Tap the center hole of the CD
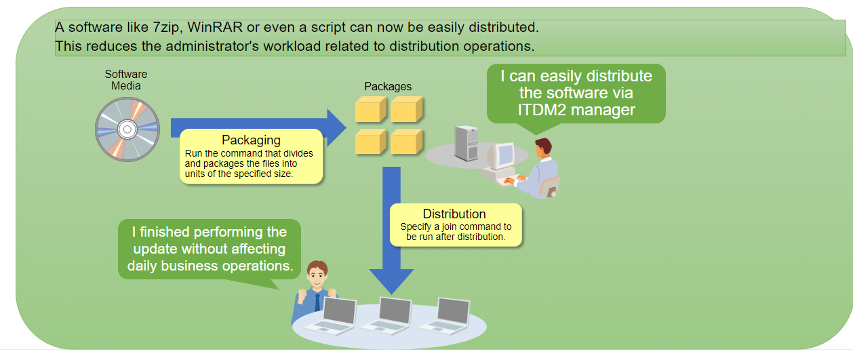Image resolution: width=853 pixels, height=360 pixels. coord(127,129)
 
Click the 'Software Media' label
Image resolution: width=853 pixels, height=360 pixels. coord(126,80)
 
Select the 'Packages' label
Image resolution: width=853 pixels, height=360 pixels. coord(388,86)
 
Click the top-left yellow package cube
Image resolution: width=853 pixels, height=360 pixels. coord(370,109)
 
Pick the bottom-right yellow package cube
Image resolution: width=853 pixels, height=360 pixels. coord(406,142)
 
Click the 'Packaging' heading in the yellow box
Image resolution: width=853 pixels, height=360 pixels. coord(251,140)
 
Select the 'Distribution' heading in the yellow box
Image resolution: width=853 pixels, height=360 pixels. coord(454,214)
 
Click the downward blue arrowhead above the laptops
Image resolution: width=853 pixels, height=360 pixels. coord(391,281)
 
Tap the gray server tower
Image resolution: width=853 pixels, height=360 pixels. coord(467,144)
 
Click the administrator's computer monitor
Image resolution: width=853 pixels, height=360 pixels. coord(502,155)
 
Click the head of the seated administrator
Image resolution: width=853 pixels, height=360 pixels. coord(543,147)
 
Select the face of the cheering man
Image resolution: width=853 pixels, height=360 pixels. coord(317,276)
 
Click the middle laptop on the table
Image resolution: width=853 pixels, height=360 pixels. coord(388,316)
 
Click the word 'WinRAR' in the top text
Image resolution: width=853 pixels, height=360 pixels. coord(215,27)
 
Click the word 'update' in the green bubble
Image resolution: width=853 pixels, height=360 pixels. coord(155,249)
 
